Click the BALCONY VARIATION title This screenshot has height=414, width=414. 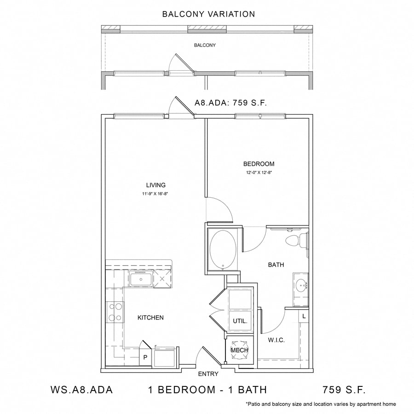pyautogui.click(x=208, y=14)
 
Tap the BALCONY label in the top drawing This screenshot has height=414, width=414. pyautogui.click(x=205, y=45)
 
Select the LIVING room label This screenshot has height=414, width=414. pyautogui.click(x=156, y=185)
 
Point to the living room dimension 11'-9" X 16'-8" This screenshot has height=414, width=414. pyautogui.click(x=155, y=194)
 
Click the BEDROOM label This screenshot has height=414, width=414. pyautogui.click(x=259, y=164)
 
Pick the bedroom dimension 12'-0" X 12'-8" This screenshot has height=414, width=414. pyautogui.click(x=259, y=172)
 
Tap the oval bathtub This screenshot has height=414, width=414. pyautogui.click(x=223, y=250)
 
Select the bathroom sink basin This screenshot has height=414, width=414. pyautogui.click(x=301, y=285)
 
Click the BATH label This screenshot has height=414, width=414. pyautogui.click(x=276, y=264)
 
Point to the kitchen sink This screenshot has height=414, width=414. pyautogui.click(x=141, y=279)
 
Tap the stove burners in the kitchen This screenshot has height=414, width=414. pyautogui.click(x=115, y=312)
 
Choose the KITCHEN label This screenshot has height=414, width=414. pyautogui.click(x=150, y=317)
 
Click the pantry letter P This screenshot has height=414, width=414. pyautogui.click(x=145, y=357)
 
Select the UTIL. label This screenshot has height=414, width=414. pyautogui.click(x=240, y=322)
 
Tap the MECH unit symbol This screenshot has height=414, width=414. pyautogui.click(x=240, y=350)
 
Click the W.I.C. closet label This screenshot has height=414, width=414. pyautogui.click(x=276, y=340)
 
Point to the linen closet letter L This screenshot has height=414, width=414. pyautogui.click(x=304, y=316)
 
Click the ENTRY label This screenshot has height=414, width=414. pyautogui.click(x=208, y=374)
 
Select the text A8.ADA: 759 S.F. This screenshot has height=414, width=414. pyautogui.click(x=231, y=103)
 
